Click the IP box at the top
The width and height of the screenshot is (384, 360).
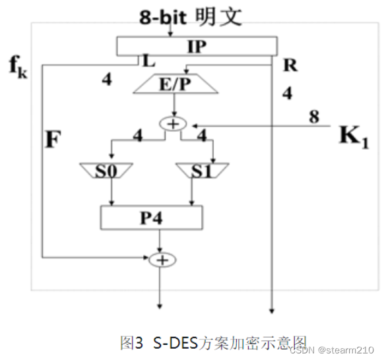(196, 47)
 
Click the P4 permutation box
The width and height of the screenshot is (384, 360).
(151, 218)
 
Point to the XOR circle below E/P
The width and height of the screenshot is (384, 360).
(174, 124)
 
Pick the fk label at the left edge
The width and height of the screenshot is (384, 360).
(18, 67)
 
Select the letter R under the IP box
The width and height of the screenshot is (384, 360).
(290, 65)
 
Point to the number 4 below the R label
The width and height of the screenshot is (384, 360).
(287, 93)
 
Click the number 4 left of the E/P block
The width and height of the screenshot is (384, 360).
(106, 80)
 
